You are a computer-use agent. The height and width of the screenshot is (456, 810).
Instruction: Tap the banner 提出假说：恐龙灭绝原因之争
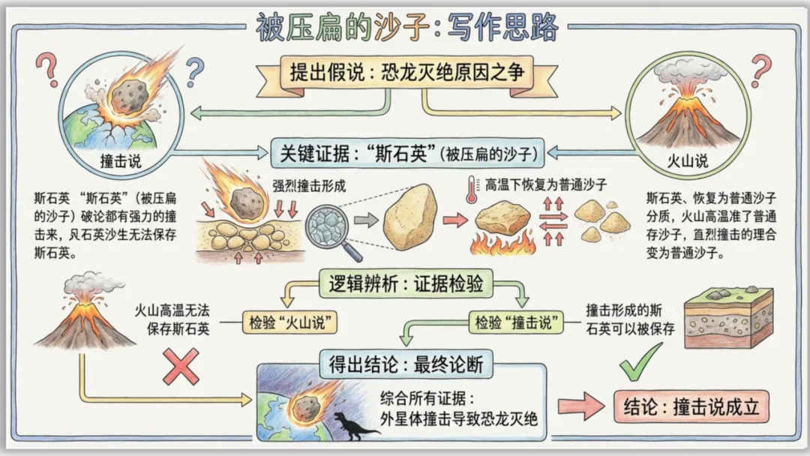(x=406, y=73)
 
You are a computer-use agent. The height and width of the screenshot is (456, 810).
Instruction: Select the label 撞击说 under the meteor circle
(x=121, y=162)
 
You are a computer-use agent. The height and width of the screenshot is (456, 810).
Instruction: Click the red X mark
(x=181, y=365)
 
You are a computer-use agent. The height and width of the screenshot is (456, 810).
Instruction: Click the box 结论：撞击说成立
(x=691, y=406)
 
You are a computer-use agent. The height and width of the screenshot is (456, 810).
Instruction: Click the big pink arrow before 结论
(x=581, y=406)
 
